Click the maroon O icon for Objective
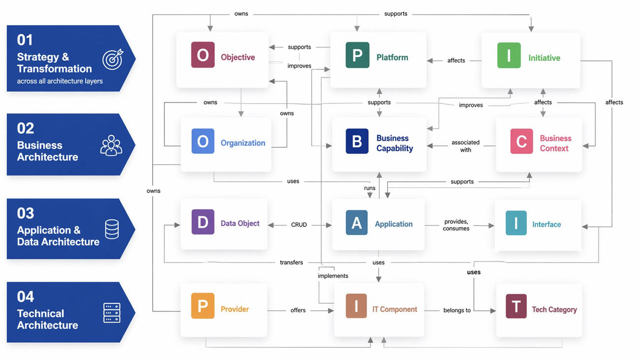[x=203, y=55]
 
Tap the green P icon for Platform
[x=357, y=55]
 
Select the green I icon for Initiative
[x=509, y=55]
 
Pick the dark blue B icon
[x=357, y=141]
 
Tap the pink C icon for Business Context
[x=521, y=141]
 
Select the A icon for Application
[x=356, y=223]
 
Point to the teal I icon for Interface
[x=516, y=223]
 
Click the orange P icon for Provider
[x=202, y=306]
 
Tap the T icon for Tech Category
[x=516, y=306]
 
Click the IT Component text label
[x=394, y=309]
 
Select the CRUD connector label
[x=299, y=225]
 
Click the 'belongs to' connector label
[x=457, y=310]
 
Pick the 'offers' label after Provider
[x=298, y=310]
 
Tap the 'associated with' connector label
[x=465, y=146]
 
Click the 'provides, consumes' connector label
[x=456, y=225]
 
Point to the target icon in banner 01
[x=112, y=59]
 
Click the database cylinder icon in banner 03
[x=112, y=229]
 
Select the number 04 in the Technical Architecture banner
[x=26, y=296]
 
